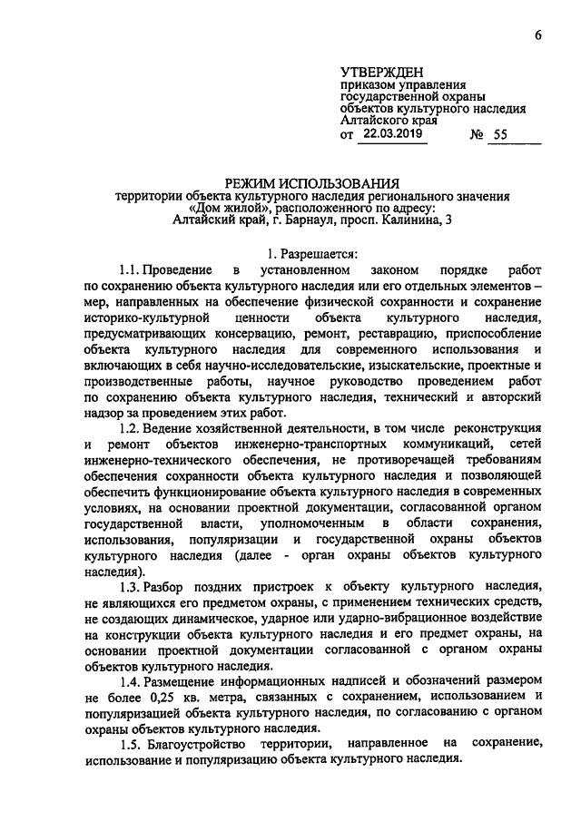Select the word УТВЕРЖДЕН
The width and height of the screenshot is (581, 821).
click(x=381, y=72)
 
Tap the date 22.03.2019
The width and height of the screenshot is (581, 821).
click(x=393, y=133)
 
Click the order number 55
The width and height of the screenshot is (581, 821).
click(x=501, y=134)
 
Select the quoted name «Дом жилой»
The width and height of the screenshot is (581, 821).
click(x=222, y=208)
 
